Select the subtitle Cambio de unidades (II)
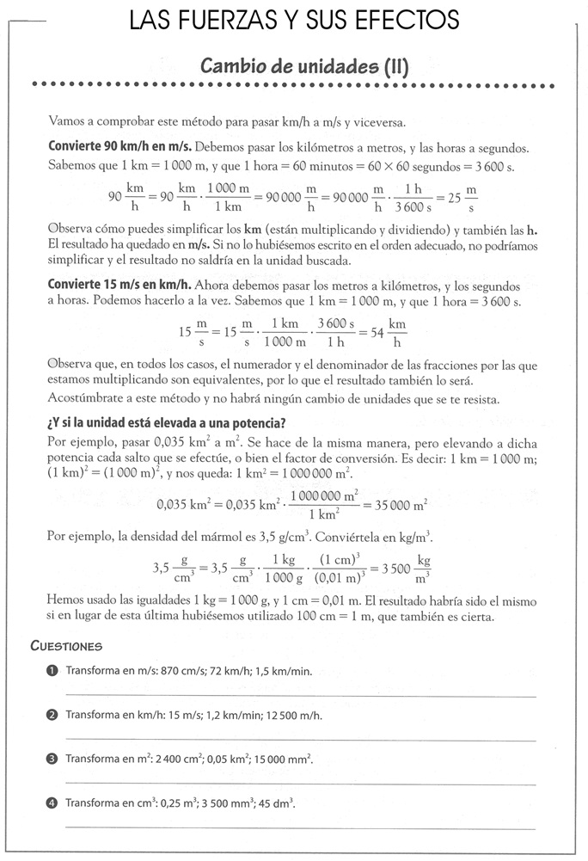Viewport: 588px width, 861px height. (x=303, y=65)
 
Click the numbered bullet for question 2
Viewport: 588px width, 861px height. (x=52, y=714)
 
